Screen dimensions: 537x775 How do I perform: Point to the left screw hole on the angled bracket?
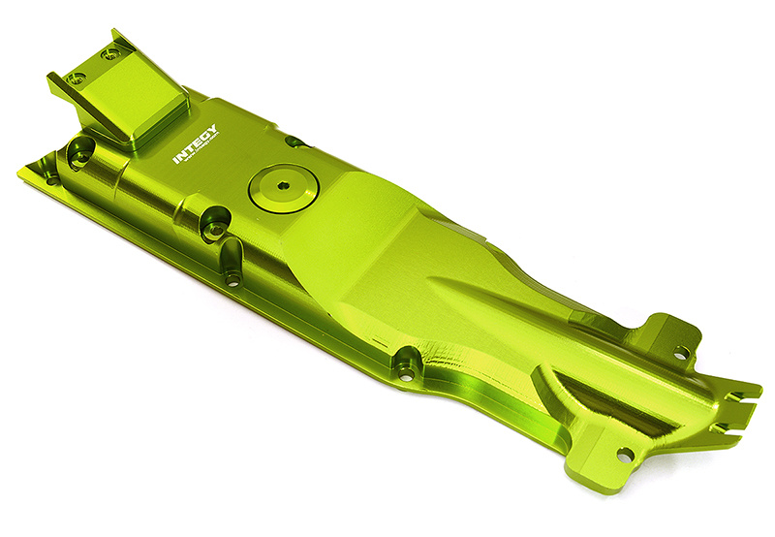[x=77, y=77]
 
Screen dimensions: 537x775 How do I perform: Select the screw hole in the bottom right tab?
[x=623, y=454]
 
